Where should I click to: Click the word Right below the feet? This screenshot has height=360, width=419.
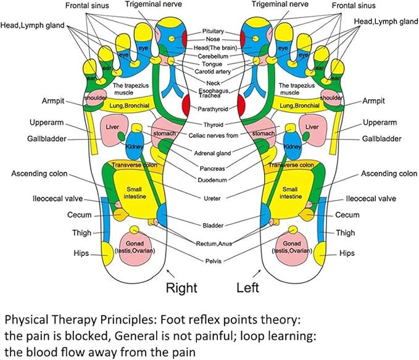(181, 288)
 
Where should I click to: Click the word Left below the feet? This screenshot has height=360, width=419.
(247, 288)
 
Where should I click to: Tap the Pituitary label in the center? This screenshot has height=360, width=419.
(213, 31)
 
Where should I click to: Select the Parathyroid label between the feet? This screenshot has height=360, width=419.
(213, 109)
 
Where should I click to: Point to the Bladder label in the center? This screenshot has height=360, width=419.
(213, 226)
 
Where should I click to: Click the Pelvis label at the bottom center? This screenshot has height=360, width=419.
(214, 261)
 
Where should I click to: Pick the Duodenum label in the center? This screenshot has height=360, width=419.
(212, 180)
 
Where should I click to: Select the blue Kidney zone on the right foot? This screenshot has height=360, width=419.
(135, 145)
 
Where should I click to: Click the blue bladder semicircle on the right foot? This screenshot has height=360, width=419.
(162, 215)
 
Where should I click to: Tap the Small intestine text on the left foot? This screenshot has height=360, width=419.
(290, 193)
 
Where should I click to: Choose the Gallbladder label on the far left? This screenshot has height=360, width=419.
(47, 139)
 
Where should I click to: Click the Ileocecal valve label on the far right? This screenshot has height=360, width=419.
(371, 198)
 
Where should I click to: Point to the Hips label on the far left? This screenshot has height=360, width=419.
(81, 253)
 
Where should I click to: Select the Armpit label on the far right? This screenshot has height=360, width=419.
(373, 101)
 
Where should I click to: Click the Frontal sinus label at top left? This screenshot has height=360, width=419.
(87, 6)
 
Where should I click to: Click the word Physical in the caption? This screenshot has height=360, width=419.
(26, 320)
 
